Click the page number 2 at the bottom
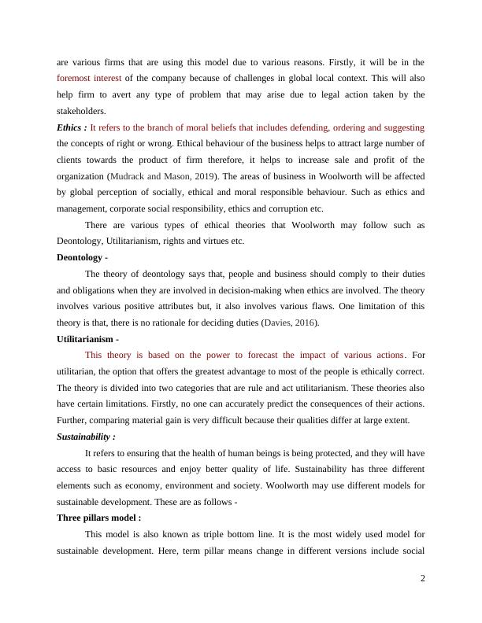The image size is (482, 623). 423,579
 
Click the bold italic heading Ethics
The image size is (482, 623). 70,127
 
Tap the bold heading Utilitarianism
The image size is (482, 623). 91,338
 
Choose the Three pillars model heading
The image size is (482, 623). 95,518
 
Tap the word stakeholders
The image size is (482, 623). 82,111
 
